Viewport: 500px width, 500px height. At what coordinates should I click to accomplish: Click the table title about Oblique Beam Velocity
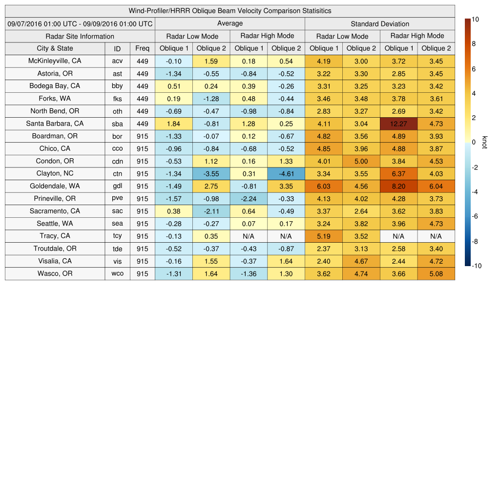(229, 11)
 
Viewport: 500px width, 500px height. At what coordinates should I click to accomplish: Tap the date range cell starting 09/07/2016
(80, 23)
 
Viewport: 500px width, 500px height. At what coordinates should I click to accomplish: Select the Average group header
(229, 23)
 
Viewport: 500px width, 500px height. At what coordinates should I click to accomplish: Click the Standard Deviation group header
(380, 23)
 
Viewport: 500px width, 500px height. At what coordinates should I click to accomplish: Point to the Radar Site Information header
(80, 36)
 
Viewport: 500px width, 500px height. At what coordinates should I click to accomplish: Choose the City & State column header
(55, 48)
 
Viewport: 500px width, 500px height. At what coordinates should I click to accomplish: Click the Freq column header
(142, 48)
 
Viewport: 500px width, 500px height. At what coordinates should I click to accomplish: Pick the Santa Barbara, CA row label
(55, 124)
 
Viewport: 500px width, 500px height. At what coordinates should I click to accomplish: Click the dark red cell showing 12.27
(398, 124)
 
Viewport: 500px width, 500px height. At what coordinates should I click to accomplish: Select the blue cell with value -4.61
(286, 174)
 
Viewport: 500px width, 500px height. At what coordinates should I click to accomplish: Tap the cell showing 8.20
(398, 186)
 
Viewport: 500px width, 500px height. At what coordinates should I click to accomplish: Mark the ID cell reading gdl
(117, 186)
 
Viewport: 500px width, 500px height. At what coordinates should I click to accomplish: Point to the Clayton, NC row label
(55, 173)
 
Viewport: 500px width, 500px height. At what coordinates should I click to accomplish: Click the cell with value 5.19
(324, 236)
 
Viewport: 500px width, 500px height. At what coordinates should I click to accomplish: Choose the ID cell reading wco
(117, 274)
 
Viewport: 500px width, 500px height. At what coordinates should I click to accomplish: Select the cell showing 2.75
(211, 186)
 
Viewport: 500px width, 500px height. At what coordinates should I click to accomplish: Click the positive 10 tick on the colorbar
(475, 20)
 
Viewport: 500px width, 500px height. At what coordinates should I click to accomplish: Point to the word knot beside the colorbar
(484, 142)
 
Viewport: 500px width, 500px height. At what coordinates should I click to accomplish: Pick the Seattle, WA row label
(55, 224)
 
